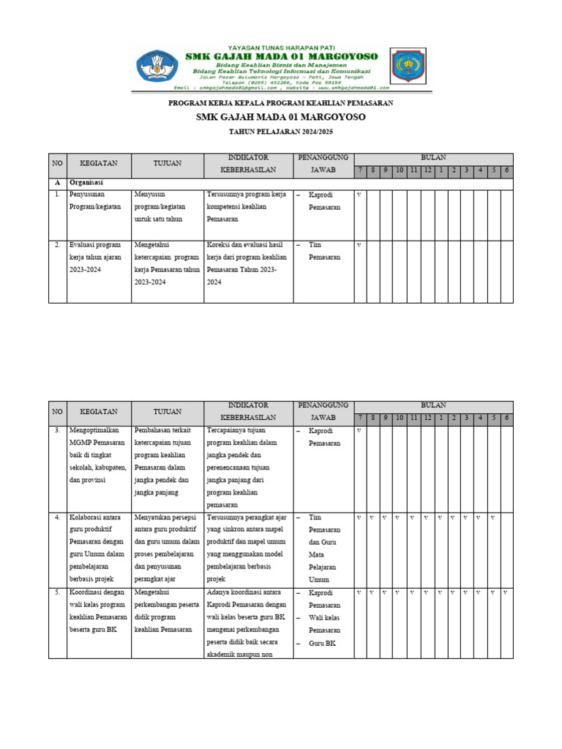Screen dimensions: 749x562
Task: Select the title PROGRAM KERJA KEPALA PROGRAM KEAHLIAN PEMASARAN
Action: coord(281,104)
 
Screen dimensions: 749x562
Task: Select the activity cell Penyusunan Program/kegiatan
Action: coord(95,201)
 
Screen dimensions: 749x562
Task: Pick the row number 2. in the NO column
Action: coord(57,244)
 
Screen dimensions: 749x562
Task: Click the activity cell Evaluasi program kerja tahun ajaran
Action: coord(95,257)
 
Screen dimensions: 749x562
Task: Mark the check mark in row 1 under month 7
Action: coord(359,195)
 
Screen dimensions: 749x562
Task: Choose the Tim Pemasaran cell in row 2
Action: coord(324,251)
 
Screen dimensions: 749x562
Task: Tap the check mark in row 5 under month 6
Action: coord(506,592)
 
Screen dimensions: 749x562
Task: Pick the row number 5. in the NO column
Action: coord(57,592)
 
